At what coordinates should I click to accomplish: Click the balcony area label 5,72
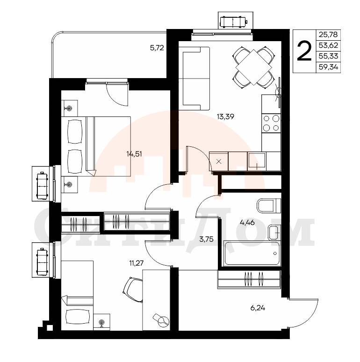[157, 48]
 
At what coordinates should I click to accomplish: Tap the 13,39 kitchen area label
[225, 116]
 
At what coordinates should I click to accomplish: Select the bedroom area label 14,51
[134, 154]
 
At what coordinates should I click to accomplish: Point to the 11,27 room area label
[136, 263]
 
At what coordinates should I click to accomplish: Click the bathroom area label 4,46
[247, 223]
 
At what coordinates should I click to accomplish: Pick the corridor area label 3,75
[206, 239]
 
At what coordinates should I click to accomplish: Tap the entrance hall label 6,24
[258, 308]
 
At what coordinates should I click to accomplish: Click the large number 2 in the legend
[304, 51]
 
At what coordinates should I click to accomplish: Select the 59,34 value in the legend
[328, 67]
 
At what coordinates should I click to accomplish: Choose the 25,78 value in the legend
[328, 35]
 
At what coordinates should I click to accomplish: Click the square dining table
[253, 67]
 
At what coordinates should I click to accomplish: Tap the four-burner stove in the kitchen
[271, 123]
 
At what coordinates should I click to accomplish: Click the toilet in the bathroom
[269, 205]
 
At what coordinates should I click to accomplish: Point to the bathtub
[252, 253]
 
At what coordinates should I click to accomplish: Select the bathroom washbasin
[274, 233]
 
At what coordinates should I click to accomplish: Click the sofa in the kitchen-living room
[194, 79]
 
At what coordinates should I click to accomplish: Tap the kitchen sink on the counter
[257, 161]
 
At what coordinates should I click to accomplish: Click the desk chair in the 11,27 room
[133, 290]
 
